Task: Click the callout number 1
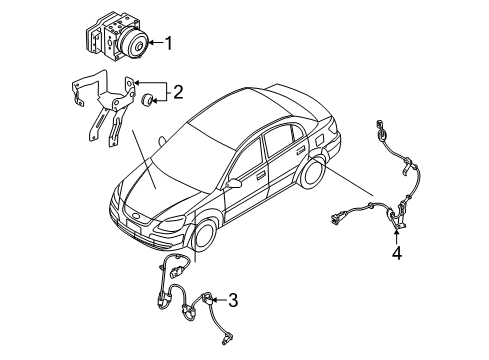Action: click(169, 42)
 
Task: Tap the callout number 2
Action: click(178, 94)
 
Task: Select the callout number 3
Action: click(233, 299)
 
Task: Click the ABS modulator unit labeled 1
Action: click(112, 39)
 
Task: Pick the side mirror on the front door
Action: click(233, 185)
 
